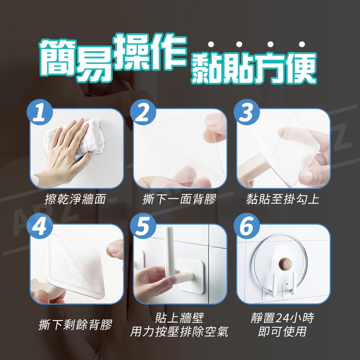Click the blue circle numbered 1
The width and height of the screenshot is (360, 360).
coord(40,112)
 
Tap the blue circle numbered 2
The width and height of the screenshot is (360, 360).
coord(143,112)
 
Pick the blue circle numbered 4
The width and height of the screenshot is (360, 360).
coord(40,226)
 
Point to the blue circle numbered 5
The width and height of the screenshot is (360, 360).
coord(143,226)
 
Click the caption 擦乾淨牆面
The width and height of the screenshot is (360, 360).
coord(75,199)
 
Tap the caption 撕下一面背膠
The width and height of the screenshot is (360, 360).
coord(179,199)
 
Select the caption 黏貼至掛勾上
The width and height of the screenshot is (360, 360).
coord(283,199)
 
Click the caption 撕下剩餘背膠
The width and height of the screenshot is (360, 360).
coord(75,324)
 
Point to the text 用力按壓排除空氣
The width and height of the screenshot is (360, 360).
coord(179,332)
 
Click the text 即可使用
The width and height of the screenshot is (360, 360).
coord(282,332)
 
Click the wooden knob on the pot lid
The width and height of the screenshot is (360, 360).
coord(285,264)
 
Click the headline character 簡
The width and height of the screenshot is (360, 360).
coord(58,58)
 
